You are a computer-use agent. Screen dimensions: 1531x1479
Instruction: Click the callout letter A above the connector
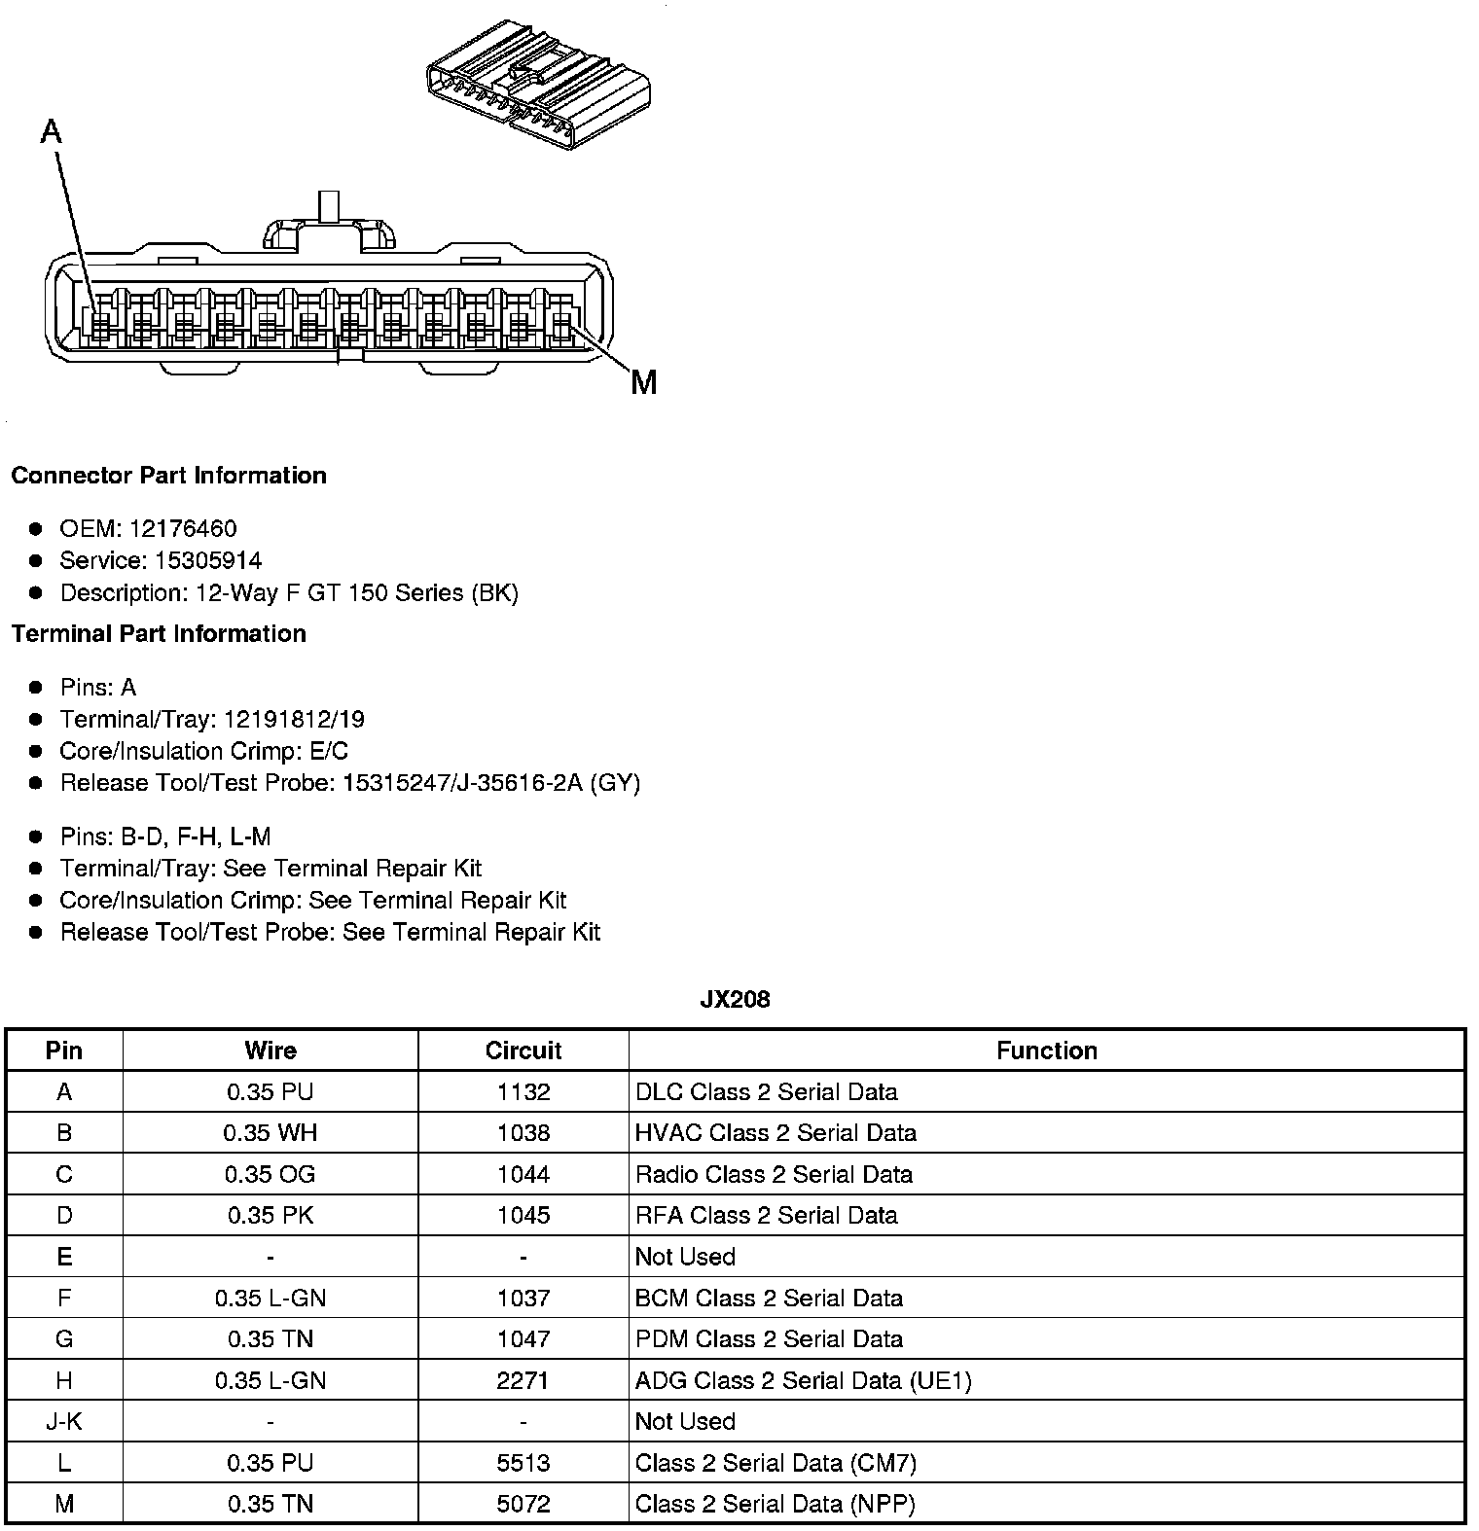(52, 130)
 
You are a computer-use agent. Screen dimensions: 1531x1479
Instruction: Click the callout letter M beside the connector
(643, 382)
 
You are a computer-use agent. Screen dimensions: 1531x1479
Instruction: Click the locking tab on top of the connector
(330, 226)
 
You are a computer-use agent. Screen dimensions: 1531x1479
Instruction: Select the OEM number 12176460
(182, 528)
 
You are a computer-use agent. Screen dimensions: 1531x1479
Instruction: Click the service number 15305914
(208, 560)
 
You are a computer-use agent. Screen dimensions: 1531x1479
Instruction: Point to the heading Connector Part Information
(168, 475)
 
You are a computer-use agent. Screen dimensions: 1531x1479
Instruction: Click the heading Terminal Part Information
(159, 633)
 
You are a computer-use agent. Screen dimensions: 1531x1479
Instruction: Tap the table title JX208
(735, 999)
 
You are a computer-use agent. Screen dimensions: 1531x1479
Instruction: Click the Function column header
(1046, 1050)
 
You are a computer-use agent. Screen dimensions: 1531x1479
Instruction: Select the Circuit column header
(523, 1050)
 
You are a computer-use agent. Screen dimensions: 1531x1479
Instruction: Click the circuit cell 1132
(523, 1091)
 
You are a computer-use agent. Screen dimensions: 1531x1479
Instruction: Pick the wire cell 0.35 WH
(270, 1132)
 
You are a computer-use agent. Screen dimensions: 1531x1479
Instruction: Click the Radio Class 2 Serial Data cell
(774, 1174)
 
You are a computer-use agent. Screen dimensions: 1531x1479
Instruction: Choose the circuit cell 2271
(523, 1380)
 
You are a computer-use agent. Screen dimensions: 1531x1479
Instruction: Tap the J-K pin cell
(64, 1421)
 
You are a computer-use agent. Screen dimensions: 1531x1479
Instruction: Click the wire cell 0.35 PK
(270, 1215)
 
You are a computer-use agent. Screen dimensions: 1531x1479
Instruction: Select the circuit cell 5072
(523, 1504)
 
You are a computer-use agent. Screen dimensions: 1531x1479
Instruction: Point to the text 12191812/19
(294, 719)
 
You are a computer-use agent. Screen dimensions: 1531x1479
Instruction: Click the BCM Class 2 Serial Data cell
(769, 1298)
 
